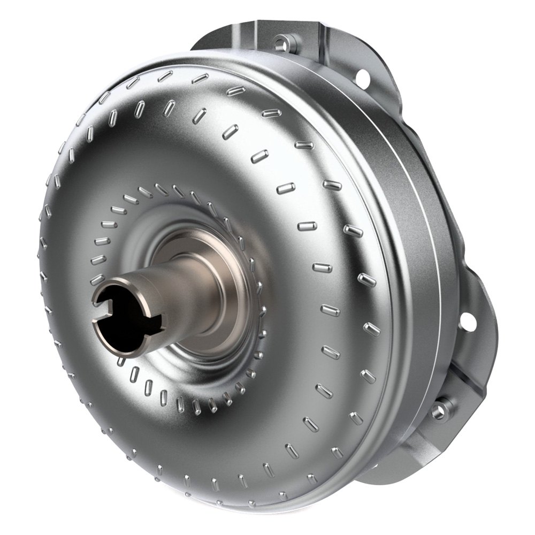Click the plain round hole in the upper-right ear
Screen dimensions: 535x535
point(362,79)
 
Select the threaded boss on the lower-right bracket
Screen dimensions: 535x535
point(439,410)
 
